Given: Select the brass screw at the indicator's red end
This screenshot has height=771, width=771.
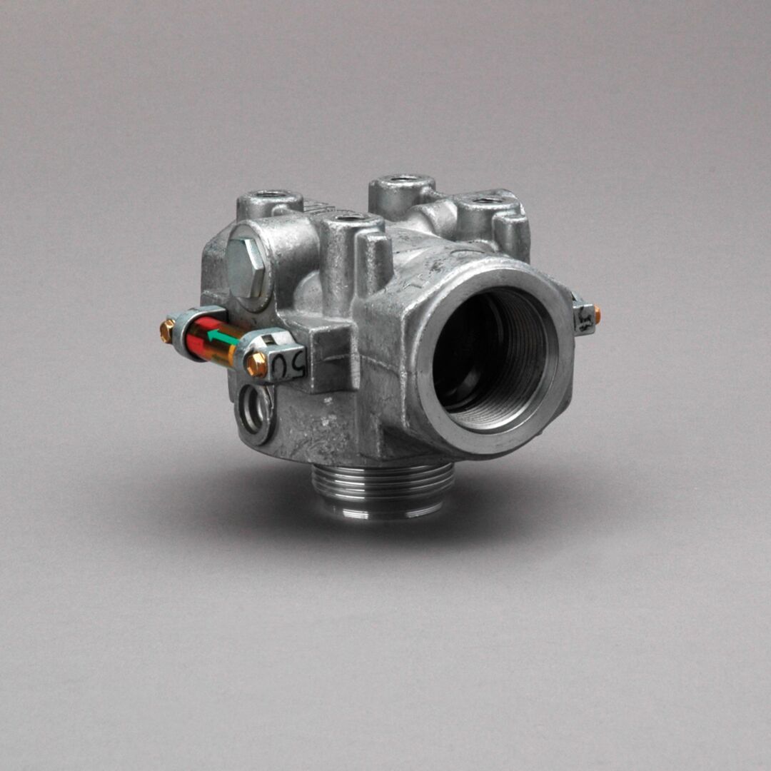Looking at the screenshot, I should pos(166,330).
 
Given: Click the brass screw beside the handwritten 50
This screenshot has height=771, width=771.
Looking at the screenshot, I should pos(256,363).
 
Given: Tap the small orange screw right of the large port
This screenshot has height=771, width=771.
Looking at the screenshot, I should pos(597,314).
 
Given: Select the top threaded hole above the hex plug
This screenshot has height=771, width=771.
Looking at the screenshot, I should pos(271,193).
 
